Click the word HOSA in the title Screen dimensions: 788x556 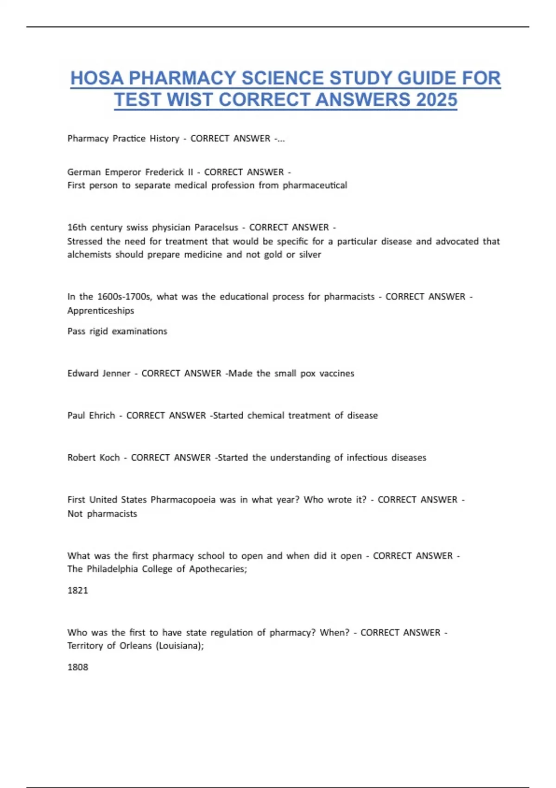tap(96, 78)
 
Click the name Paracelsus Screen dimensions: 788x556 tap(216, 227)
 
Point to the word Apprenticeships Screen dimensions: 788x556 tap(101, 311)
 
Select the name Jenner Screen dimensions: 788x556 tap(115, 373)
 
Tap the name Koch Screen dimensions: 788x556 tap(109, 458)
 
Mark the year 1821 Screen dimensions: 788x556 tap(77, 590)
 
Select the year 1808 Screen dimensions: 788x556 tap(77, 667)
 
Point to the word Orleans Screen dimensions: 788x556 tap(135, 646)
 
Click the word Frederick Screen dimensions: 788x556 tap(164, 172)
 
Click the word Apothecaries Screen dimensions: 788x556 tap(218, 569)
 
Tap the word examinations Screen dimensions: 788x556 tap(139, 331)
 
